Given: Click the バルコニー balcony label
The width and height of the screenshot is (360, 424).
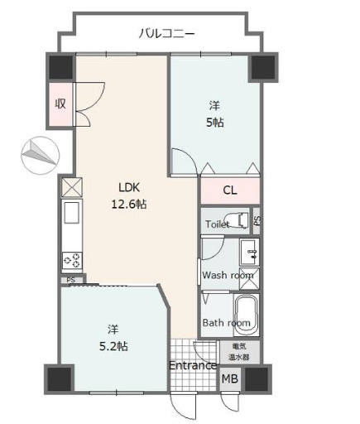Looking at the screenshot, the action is [166, 34].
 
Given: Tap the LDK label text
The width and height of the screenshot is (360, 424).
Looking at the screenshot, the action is [129, 188].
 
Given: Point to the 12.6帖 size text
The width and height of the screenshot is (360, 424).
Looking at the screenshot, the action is [129, 205].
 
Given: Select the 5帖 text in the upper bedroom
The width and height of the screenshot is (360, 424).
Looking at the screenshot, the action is [215, 123].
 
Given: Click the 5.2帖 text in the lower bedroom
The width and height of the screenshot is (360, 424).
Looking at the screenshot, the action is [113, 346].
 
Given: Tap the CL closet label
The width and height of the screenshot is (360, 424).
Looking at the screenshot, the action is [230, 190].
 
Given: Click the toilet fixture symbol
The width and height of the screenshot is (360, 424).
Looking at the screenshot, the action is [237, 220].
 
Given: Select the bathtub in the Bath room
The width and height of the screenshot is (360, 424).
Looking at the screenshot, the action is [246, 315].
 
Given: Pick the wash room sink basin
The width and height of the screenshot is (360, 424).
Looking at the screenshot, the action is [249, 253].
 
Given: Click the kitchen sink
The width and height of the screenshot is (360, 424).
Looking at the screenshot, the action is [72, 213].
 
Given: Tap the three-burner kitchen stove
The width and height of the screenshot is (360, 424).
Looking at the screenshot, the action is [72, 260].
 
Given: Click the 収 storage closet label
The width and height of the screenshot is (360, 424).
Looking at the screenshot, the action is [60, 104].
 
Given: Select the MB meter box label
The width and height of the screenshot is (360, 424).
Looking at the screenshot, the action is [230, 378].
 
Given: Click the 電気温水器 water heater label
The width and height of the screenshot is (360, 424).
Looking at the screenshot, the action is [239, 351].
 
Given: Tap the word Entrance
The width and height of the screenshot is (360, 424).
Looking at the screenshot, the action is [193, 366].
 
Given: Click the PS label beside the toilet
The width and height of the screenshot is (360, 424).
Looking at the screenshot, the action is [257, 220].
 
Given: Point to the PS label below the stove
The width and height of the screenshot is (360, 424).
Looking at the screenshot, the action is [71, 280].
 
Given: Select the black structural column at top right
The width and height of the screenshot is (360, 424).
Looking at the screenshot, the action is [263, 67].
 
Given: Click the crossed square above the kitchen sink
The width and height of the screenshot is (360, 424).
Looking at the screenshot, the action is [72, 187].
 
